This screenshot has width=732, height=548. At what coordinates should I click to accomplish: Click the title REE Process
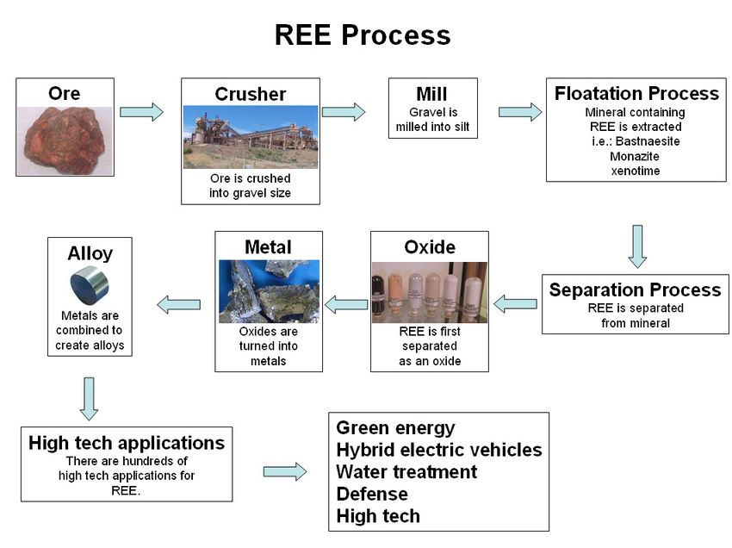[363, 34]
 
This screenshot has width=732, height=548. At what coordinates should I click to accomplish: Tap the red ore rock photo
[65, 140]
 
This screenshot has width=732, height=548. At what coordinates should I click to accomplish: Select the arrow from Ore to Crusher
[141, 112]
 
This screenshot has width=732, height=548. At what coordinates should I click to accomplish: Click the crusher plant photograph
[251, 137]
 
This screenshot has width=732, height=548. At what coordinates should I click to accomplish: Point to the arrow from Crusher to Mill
[344, 112]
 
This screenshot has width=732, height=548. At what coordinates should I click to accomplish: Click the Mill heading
[431, 94]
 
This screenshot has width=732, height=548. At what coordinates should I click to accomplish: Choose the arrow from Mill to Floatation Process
[520, 112]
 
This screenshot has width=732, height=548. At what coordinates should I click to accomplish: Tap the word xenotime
[636, 171]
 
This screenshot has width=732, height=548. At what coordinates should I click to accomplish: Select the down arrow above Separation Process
[637, 246]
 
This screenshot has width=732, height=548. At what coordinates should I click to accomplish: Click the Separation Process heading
[635, 290]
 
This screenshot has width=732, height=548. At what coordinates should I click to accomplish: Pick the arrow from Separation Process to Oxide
[515, 304]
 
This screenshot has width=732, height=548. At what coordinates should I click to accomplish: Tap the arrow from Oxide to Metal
[346, 305]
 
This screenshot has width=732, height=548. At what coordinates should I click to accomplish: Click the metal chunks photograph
[270, 291]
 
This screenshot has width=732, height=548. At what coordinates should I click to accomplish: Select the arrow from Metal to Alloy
[179, 305]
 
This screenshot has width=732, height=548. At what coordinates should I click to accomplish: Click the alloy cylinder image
[90, 285]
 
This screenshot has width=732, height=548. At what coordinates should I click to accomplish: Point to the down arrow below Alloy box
[89, 399]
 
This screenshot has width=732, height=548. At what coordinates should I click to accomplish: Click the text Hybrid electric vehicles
[439, 450]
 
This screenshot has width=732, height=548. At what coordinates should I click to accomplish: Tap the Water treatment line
[406, 472]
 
